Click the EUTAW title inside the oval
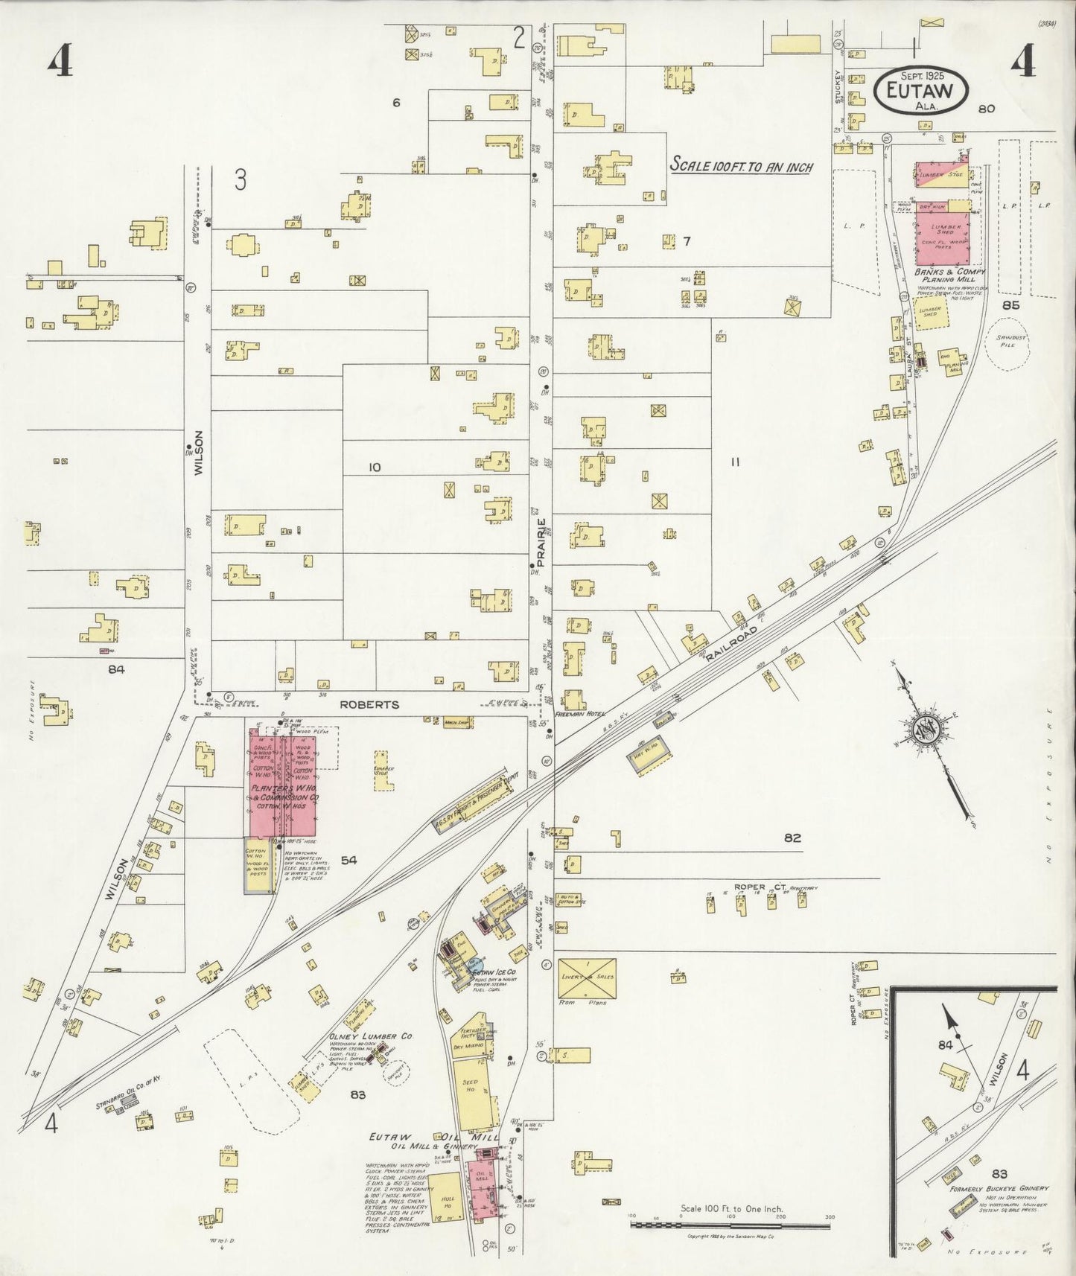(x=921, y=90)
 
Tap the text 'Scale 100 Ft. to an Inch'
(x=741, y=166)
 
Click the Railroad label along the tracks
(x=733, y=639)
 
